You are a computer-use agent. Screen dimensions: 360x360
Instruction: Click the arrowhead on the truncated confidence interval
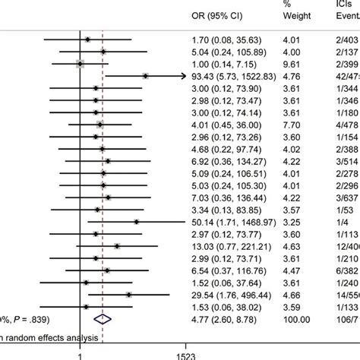coord(183,76)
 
